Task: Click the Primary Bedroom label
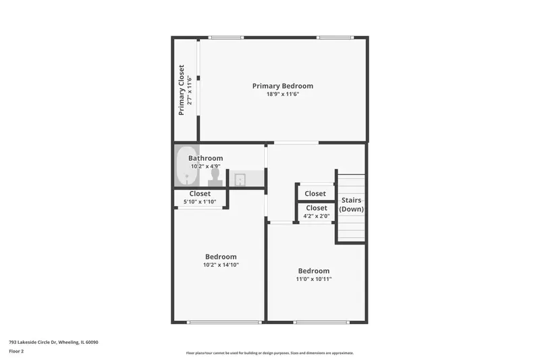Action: [x=283, y=86]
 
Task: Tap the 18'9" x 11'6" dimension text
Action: [x=283, y=94]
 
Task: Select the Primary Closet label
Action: [x=181, y=90]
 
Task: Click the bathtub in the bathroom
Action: [x=187, y=165]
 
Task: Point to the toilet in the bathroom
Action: [x=215, y=178]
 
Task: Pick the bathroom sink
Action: [x=240, y=180]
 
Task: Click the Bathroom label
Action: [x=206, y=158]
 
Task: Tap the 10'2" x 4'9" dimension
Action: [x=206, y=166]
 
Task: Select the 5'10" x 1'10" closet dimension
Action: [x=200, y=202]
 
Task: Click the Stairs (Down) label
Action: [x=351, y=205]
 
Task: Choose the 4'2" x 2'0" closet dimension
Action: [x=317, y=216]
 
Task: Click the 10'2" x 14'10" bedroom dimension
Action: [x=221, y=265]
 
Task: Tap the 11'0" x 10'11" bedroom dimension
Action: [x=314, y=279]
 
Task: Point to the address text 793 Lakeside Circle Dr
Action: [x=33, y=342]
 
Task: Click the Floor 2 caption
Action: [x=16, y=351]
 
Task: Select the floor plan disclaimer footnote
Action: [x=269, y=353]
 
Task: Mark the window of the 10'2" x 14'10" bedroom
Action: [x=224, y=322]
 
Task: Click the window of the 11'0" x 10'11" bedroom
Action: [x=321, y=322]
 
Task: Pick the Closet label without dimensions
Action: [x=315, y=194]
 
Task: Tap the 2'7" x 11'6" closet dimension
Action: [x=190, y=90]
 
